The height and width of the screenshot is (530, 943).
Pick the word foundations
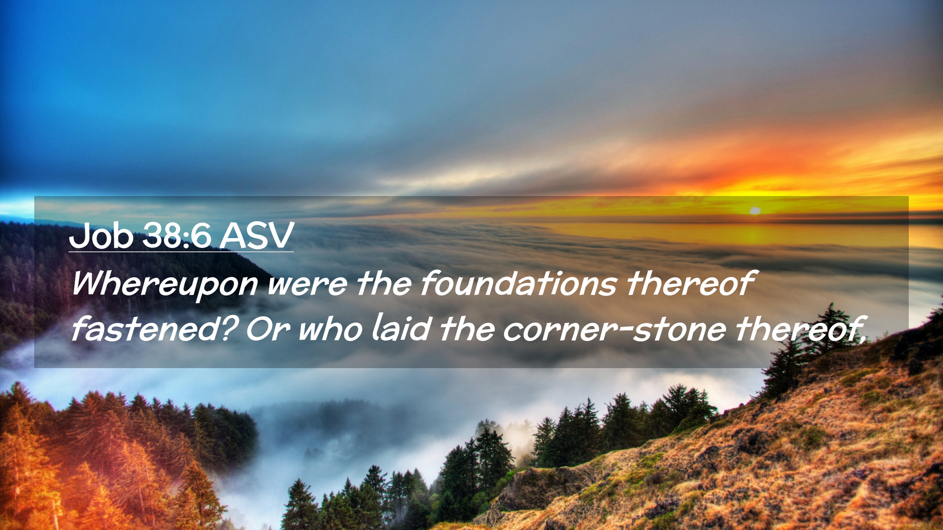[x=518, y=283]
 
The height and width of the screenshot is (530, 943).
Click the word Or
[x=268, y=330]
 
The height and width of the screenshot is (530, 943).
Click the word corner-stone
[x=614, y=330]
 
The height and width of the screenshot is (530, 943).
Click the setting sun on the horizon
[x=755, y=211]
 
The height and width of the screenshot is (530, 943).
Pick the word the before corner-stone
[x=467, y=329]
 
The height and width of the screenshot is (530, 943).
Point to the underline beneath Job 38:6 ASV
[x=181, y=252]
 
